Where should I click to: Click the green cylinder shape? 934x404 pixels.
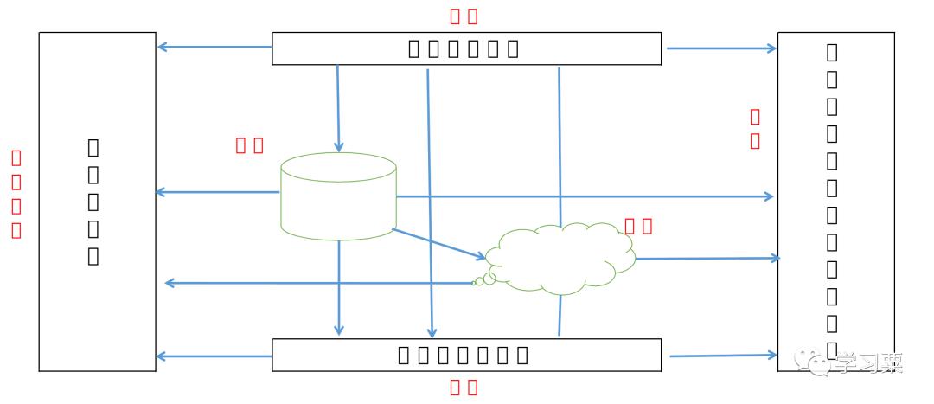coord(338,196)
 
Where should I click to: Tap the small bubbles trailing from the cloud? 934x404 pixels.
coord(485,279)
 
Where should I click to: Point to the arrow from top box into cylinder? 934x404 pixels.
coord(338,108)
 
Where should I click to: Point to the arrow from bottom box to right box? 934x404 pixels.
coord(723,355)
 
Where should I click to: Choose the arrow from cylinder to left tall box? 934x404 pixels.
coord(217,192)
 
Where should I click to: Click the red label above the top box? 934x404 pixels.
coord(464,16)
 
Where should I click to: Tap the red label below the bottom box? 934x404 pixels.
coord(464,387)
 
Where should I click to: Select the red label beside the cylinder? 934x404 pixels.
coord(249,145)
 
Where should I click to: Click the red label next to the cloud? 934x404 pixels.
coord(638,226)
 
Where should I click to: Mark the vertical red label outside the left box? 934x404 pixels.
coord(16,194)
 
